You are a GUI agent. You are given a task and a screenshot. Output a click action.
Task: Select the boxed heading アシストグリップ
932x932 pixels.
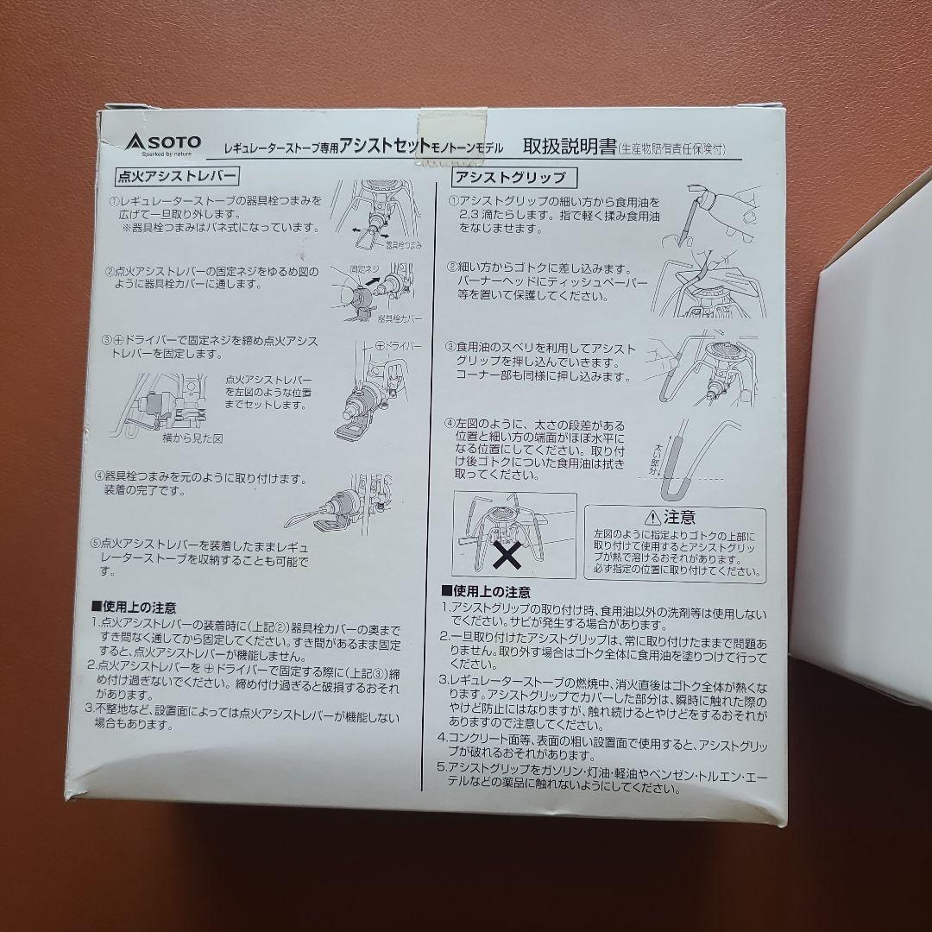pos(511,178)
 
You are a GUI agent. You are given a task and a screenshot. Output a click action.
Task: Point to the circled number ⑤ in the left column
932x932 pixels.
pos(96,544)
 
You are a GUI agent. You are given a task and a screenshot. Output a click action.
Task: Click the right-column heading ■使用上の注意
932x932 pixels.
pos(486,593)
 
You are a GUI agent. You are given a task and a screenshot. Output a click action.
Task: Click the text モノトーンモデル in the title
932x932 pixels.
pos(468,148)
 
